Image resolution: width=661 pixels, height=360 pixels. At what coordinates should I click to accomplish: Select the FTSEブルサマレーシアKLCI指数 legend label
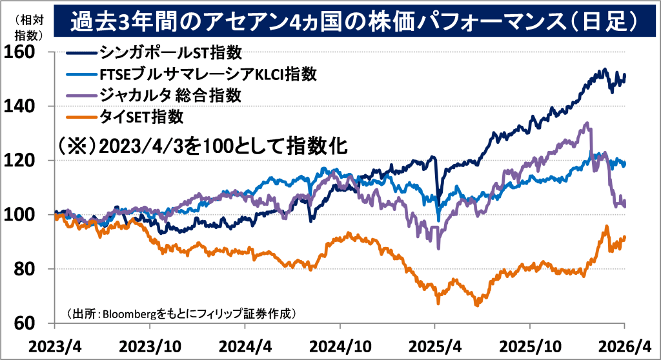pyautogui.click(x=207, y=74)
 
